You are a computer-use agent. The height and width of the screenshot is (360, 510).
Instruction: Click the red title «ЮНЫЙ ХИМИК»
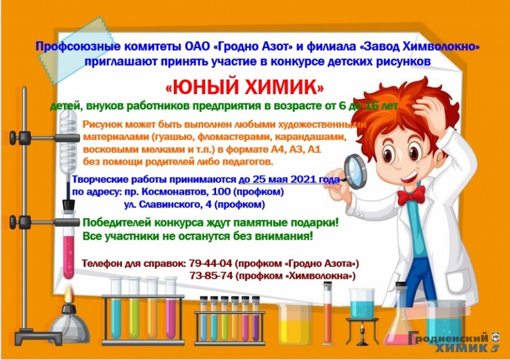tap(245, 87)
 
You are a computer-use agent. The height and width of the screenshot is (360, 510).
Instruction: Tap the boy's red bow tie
tap(411, 195)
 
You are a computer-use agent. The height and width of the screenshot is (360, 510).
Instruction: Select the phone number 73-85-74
tap(212, 276)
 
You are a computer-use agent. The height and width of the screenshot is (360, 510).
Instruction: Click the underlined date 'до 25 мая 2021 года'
tap(289, 179)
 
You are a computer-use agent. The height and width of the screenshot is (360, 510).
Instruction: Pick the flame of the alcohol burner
tap(67, 297)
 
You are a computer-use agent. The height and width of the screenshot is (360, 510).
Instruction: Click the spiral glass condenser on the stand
tap(68, 140)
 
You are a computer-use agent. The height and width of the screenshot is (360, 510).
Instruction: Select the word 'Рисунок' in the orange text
tap(103, 124)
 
